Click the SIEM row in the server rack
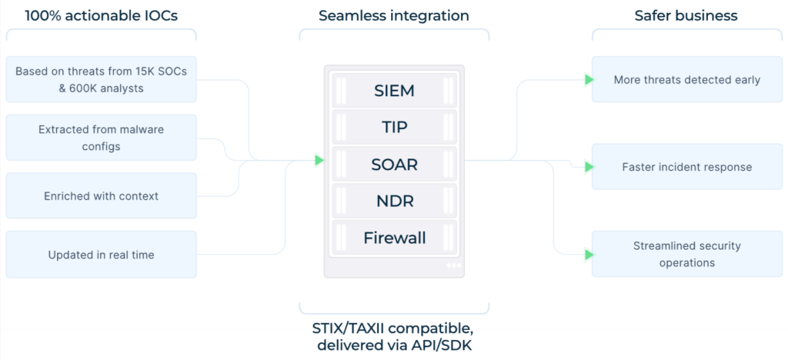click(393, 91)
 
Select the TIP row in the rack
click(393, 128)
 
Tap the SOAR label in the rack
click(393, 165)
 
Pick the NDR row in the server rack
click(393, 202)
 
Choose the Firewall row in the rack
click(393, 238)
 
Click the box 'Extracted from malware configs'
click(101, 138)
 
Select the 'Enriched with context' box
click(101, 196)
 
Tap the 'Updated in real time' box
click(101, 255)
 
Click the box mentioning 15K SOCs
click(101, 79)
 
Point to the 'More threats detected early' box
click(687, 79)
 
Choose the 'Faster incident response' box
click(687, 167)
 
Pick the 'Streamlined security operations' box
click(687, 254)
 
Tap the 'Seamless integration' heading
click(394, 15)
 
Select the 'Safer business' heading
click(686, 15)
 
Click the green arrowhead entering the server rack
click(319, 160)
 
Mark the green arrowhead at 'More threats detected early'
click(589, 79)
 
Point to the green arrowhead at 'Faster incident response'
click(589, 167)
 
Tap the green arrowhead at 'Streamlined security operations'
click(589, 254)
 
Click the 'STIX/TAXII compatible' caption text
click(393, 328)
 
